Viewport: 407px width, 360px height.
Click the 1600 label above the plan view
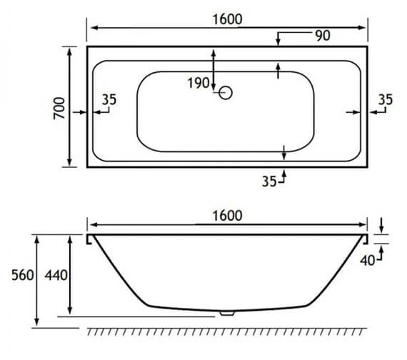pyautogui.click(x=226, y=19)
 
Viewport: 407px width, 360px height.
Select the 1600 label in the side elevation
pyautogui.click(x=226, y=215)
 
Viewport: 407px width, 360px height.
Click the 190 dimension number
pyautogui.click(x=198, y=84)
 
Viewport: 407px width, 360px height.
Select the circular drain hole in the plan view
pyautogui.click(x=226, y=93)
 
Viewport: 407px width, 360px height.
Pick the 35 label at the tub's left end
pyautogui.click(x=109, y=100)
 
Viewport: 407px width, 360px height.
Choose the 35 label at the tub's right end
pyautogui.click(x=385, y=100)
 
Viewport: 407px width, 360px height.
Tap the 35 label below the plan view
pyautogui.click(x=268, y=181)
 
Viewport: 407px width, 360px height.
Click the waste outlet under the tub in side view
pyautogui.click(x=226, y=312)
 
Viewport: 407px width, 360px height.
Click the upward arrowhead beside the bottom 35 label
pyautogui.click(x=285, y=171)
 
